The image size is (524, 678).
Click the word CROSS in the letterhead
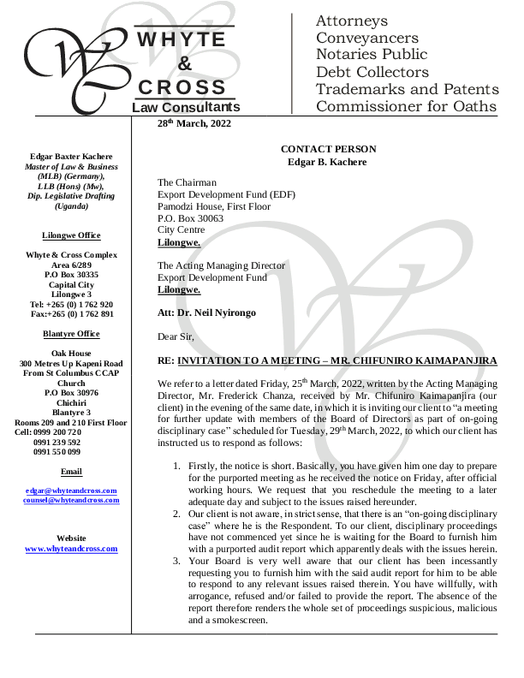click(x=183, y=86)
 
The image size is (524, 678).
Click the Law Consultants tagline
click(x=186, y=107)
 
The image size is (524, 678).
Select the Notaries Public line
click(x=371, y=55)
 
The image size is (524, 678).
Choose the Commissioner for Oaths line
click(x=406, y=106)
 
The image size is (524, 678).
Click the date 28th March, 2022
click(x=194, y=123)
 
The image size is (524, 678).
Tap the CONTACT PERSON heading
click(x=328, y=149)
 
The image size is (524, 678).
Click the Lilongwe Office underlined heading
click(x=71, y=235)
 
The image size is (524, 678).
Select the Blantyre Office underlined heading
click(x=71, y=334)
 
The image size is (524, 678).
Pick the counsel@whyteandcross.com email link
click(x=71, y=499)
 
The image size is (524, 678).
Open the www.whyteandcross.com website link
click(x=71, y=549)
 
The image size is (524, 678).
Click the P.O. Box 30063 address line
click(x=190, y=218)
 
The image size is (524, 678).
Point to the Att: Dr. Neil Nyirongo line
click(x=206, y=313)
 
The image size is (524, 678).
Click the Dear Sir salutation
click(x=176, y=337)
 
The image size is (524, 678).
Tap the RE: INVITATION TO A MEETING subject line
click(x=328, y=361)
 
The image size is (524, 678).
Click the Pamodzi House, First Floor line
click(x=213, y=206)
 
